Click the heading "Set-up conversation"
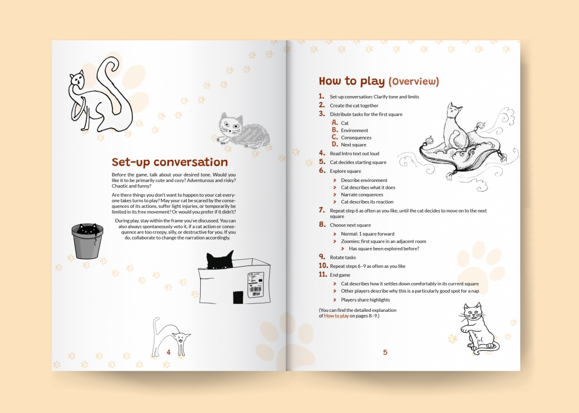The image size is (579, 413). coord(170,162)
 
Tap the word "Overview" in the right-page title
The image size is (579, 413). coord(413,81)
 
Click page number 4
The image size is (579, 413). coord(168,352)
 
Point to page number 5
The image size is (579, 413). coord(385,352)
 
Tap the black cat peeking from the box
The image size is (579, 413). coord(220,260)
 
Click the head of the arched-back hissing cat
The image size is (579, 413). coord(182,337)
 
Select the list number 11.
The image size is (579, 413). coord(323,274)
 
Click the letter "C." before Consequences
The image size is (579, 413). coord(335,137)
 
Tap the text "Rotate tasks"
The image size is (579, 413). coord(343,257)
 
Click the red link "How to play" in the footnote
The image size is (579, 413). coord(336,316)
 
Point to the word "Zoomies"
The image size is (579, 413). coord(350,241)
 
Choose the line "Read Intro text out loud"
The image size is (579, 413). coord(355,154)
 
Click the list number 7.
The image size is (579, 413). coord(322,210)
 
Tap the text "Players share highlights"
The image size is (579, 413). coord(365,299)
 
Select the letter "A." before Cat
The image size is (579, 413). coord(335,123)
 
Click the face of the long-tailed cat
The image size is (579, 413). coord(77,79)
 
